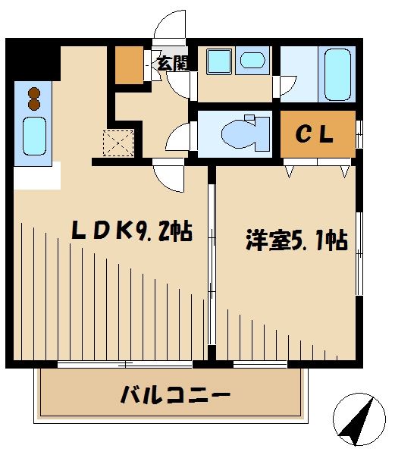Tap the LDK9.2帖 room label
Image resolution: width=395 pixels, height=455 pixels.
[x=130, y=231]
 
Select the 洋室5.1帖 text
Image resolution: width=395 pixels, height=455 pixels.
[x=296, y=241]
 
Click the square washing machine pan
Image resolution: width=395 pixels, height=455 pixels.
[x=218, y=61]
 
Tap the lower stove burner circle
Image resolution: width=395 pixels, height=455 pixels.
[x=34, y=105]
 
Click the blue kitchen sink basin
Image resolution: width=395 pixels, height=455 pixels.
[x=34, y=135]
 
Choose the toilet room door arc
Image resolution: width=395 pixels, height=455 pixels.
[x=180, y=139]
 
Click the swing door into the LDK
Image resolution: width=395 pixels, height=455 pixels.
[x=168, y=178]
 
